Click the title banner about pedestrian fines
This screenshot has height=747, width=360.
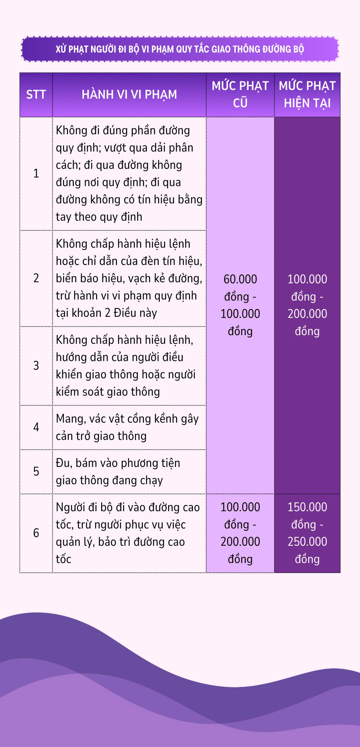180,49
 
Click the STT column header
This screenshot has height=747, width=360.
36,95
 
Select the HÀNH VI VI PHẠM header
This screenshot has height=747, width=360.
129,95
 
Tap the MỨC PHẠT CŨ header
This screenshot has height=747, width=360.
240,94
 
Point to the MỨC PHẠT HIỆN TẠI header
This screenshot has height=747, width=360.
307,94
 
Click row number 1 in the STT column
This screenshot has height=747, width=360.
36,174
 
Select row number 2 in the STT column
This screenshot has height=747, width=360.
36,278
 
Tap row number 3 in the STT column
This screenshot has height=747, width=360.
36,366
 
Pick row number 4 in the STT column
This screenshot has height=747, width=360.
36,427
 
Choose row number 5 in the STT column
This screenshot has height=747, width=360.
36,472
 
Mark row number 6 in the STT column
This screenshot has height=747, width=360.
36,533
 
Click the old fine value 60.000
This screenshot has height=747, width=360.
240,279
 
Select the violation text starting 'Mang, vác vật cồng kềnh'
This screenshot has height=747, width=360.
127,427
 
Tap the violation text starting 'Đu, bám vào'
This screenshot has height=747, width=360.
118,472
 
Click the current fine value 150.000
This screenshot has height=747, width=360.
307,507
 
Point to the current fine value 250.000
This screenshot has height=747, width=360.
307,542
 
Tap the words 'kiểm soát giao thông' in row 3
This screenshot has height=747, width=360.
108,392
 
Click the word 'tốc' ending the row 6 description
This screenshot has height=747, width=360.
63,559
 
